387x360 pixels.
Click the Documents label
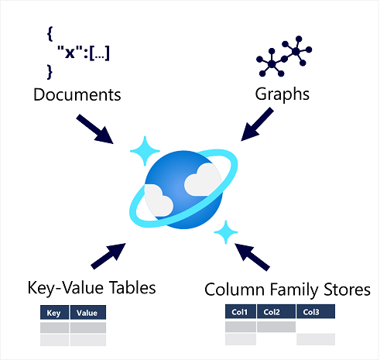(x=77, y=95)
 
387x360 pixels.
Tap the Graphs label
(x=283, y=95)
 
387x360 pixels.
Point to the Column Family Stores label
(x=287, y=290)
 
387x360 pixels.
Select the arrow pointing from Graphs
(x=258, y=124)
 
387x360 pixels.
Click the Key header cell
(x=54, y=314)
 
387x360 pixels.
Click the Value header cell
(x=87, y=314)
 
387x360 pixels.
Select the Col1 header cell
(x=240, y=312)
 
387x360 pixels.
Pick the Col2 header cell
(x=275, y=312)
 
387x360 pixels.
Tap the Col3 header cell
(x=315, y=312)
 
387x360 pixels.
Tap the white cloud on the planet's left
(x=159, y=203)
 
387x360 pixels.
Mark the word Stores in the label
(x=345, y=290)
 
